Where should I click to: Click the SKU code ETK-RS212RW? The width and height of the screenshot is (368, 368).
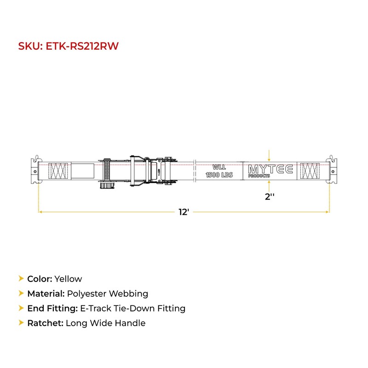[83, 46]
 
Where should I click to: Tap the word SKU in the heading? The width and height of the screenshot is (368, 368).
[30, 46]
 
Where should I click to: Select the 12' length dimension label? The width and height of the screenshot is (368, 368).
[184, 212]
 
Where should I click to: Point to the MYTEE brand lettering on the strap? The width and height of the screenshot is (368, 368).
[270, 168]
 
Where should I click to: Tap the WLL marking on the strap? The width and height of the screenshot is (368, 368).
[219, 167]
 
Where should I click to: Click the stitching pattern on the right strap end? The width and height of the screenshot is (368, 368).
[308, 171]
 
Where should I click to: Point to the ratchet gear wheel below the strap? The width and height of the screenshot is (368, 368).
[106, 186]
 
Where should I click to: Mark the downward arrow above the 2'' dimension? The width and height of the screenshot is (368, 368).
[270, 154]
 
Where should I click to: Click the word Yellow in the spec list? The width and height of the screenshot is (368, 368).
[68, 279]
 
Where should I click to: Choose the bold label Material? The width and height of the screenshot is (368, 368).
[46, 293]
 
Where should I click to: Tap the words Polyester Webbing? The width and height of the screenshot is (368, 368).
[108, 293]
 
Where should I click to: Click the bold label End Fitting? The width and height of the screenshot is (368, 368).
[49, 308]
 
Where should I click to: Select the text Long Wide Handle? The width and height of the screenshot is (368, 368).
[105, 323]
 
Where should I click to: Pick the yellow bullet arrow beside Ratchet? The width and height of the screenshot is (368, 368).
[21, 323]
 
